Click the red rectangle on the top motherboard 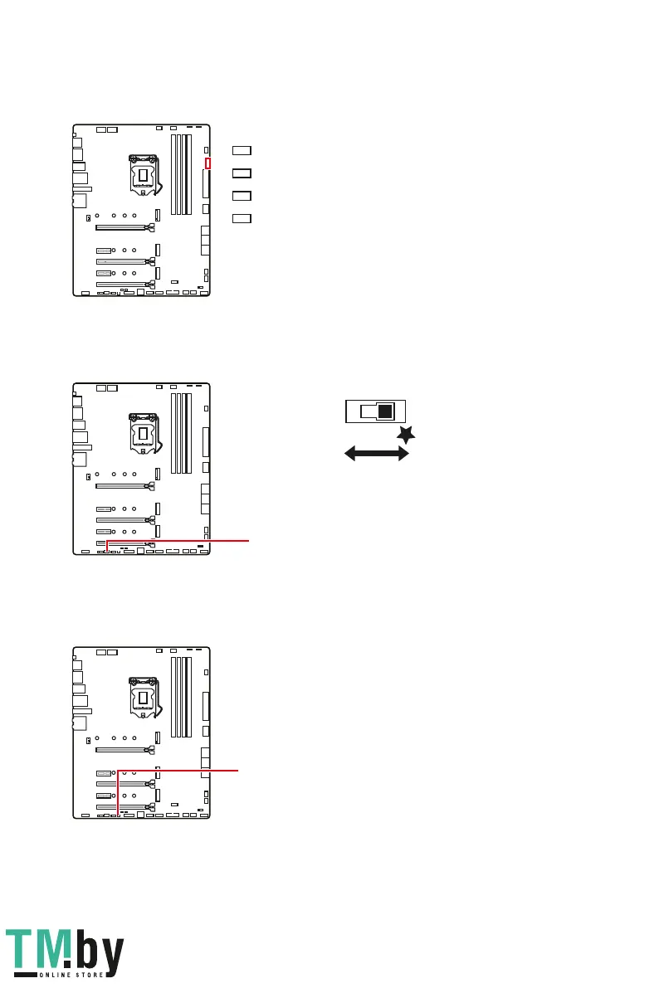(208, 162)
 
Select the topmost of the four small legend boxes (241, 150)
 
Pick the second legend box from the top (241, 173)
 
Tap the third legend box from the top (241, 196)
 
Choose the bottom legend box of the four (241, 218)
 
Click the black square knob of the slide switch (383, 411)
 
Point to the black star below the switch (406, 434)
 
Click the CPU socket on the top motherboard (143, 174)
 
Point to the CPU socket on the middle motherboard (143, 431)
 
